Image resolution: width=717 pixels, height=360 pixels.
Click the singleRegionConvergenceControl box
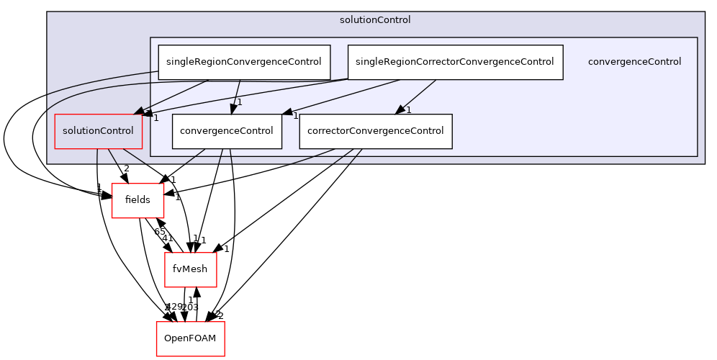[x=244, y=62]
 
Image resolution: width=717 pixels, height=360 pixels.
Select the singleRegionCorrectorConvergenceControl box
[x=454, y=62]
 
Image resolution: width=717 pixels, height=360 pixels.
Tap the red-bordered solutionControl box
[x=98, y=131]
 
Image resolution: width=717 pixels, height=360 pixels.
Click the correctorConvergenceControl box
[x=375, y=131]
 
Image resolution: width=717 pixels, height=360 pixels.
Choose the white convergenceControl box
[x=226, y=131]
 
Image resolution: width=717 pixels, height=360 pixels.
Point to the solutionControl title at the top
[x=375, y=20]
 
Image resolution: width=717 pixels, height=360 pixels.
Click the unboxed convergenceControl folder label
[x=634, y=62]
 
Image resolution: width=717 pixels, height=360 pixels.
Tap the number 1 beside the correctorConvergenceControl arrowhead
[x=408, y=110]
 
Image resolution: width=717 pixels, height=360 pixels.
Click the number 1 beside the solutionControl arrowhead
[x=155, y=118]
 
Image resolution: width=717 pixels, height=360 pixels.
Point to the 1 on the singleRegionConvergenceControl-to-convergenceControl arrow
[x=240, y=102]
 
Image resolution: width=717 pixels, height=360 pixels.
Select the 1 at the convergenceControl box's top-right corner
[x=295, y=116]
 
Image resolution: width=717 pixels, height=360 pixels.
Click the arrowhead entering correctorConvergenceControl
[x=400, y=109]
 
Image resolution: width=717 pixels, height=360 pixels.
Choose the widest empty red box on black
[x=191, y=338]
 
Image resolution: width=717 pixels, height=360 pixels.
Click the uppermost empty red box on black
[x=137, y=200]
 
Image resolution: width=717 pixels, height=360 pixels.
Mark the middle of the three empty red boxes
[x=191, y=270]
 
